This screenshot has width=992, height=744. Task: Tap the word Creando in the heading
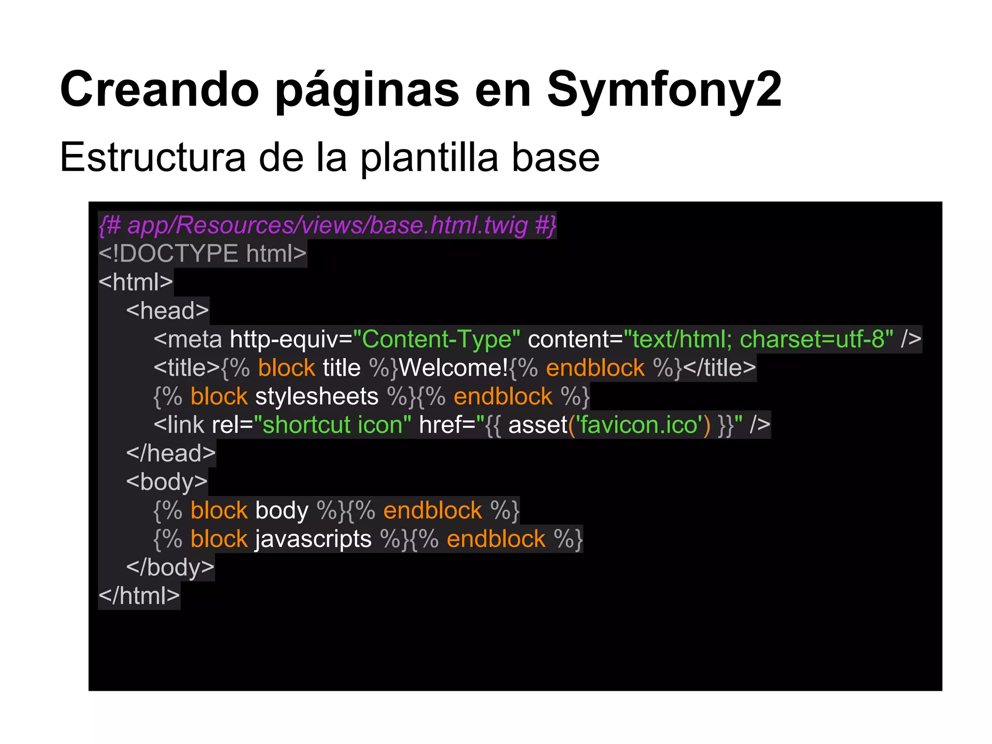pyautogui.click(x=159, y=90)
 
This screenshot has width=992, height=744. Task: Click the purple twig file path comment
pyautogui.click(x=327, y=225)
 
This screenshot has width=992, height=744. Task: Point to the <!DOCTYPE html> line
pyautogui.click(x=202, y=254)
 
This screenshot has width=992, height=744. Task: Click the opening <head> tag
pyautogui.click(x=168, y=311)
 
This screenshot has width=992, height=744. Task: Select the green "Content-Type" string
pyautogui.click(x=436, y=339)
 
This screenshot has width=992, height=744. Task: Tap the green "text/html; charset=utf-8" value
pyautogui.click(x=758, y=339)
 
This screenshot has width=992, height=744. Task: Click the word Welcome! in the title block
pyautogui.click(x=453, y=368)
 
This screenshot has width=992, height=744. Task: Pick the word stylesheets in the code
pyautogui.click(x=317, y=397)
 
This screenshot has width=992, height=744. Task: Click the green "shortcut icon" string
pyautogui.click(x=332, y=425)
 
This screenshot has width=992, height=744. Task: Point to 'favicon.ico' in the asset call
pyautogui.click(x=639, y=425)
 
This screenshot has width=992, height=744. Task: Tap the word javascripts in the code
pyautogui.click(x=313, y=539)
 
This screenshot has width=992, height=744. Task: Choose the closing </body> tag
pyautogui.click(x=170, y=568)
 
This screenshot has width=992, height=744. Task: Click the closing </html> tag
pyautogui.click(x=139, y=596)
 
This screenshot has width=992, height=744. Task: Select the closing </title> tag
pyautogui.click(x=719, y=368)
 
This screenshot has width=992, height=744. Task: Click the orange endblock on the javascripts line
pyautogui.click(x=496, y=539)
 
